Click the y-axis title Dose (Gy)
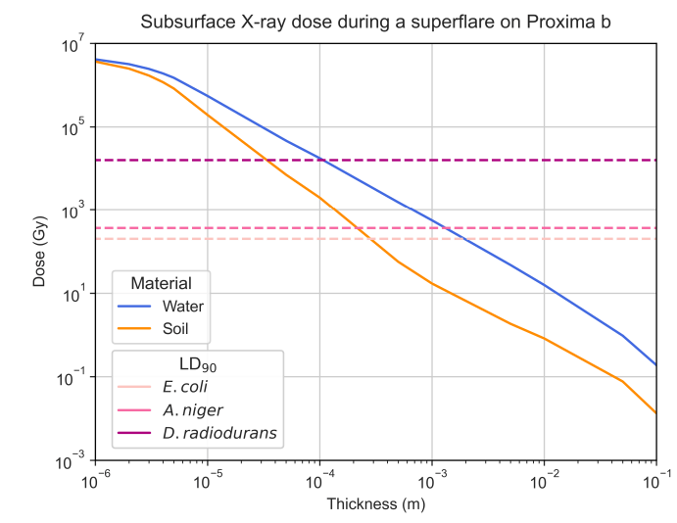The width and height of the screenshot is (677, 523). pos(39,253)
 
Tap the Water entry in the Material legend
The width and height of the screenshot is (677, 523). pos(182,305)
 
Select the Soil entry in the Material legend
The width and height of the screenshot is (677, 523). pos(176,327)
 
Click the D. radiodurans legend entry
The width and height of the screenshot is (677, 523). pos(218,432)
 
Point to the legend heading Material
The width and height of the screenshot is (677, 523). pos(160,282)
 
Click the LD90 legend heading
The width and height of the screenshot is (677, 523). pos(198,364)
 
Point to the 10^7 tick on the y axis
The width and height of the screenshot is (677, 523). pos(74,44)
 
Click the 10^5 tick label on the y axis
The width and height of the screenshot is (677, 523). pos(74,127)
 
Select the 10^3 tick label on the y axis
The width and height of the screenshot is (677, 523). pos(74,211)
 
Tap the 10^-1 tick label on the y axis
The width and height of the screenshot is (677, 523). pos(73,377)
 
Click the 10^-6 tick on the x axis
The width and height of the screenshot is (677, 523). pos(95,480)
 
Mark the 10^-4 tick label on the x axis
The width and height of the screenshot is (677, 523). pos(319,480)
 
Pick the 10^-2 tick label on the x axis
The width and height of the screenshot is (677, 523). pos(544,480)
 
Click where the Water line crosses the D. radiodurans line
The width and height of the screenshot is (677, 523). pos(324,160)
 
